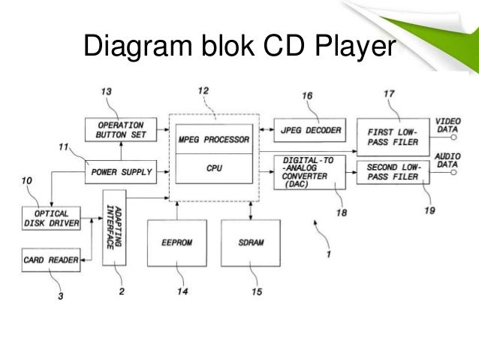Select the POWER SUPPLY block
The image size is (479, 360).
(121, 172)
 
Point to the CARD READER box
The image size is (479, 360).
(52, 261)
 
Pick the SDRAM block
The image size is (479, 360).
(251, 244)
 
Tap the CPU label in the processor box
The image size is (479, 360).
(214, 170)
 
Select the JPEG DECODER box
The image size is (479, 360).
(308, 130)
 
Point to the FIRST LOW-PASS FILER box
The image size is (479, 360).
(391, 135)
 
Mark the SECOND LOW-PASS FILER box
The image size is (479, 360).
(391, 172)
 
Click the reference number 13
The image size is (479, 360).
(107, 92)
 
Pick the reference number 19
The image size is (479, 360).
(429, 211)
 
